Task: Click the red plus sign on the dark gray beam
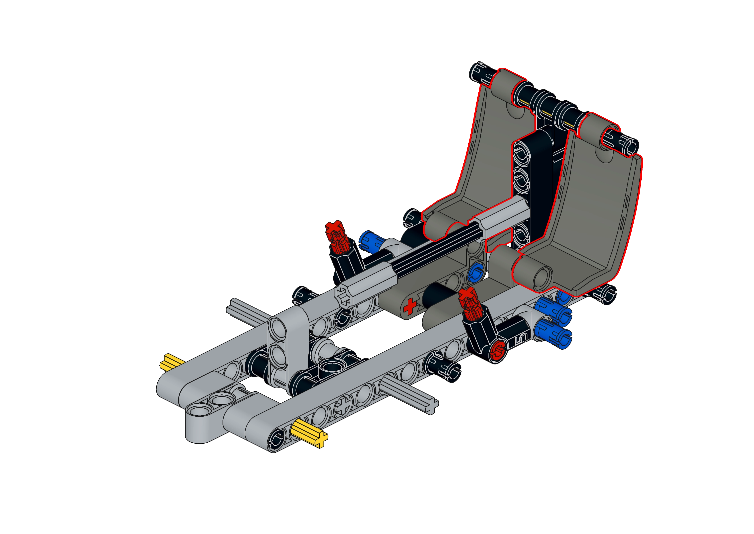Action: [410, 307]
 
